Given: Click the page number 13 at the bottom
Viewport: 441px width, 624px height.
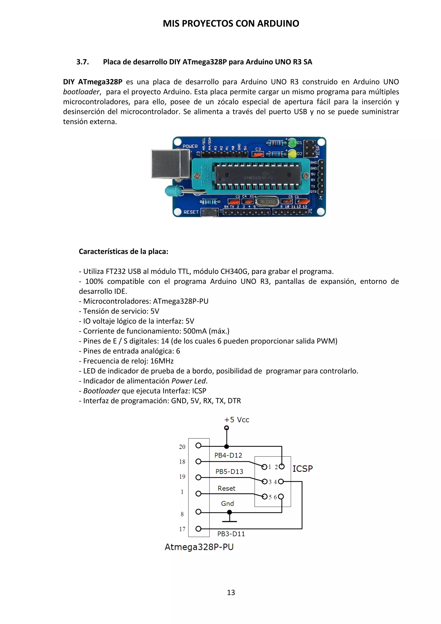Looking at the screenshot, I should [x=231, y=593].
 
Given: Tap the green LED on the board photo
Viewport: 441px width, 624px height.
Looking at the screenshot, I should [x=292, y=142].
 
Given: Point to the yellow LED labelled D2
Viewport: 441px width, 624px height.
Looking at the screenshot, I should [x=292, y=154].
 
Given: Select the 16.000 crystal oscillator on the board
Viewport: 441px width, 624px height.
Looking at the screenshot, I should [x=267, y=202].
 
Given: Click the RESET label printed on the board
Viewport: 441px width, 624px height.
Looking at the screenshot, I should [x=191, y=212].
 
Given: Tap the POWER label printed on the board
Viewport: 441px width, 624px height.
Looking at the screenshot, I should [x=190, y=146].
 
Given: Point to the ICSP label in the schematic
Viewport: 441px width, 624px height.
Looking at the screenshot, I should [x=303, y=469].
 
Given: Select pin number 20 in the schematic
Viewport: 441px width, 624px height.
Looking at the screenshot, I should [x=182, y=447].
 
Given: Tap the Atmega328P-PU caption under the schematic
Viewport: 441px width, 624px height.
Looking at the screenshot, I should [x=199, y=547].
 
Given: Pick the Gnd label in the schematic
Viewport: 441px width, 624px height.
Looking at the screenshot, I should [x=227, y=503].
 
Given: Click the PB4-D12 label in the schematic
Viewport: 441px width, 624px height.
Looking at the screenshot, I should [x=228, y=455].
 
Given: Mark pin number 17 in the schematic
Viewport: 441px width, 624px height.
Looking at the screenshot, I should [x=182, y=529].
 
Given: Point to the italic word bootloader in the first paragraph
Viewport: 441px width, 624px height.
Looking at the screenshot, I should [x=81, y=92].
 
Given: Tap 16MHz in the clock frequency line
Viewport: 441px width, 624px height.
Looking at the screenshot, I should [x=162, y=361].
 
